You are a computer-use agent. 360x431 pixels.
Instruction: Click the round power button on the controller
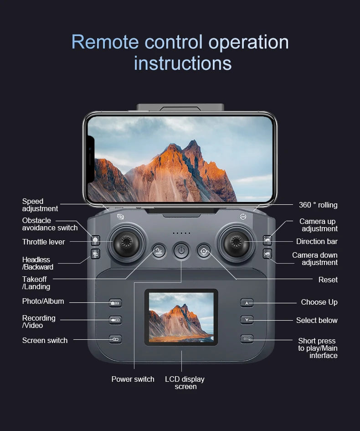click(181, 251)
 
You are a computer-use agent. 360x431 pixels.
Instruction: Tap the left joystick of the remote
click(126, 242)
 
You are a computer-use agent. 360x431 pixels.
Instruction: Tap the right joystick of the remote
click(236, 242)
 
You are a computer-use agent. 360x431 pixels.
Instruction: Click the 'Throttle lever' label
click(44, 242)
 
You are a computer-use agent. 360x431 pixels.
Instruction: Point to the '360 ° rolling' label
click(318, 205)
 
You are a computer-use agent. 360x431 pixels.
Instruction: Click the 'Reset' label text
click(328, 280)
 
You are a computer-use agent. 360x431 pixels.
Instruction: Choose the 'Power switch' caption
click(133, 379)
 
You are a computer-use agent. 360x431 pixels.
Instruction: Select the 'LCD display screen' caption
click(185, 383)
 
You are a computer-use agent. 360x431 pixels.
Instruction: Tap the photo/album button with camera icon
click(115, 303)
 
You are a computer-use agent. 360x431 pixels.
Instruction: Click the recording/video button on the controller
click(115, 320)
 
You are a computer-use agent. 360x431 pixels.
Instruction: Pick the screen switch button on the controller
click(115, 339)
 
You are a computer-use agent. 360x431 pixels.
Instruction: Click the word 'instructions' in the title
click(183, 63)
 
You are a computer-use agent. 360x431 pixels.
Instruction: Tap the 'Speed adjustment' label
click(40, 205)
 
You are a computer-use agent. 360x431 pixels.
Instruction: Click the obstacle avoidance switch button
click(95, 239)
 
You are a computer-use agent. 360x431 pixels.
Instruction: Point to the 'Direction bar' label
click(317, 241)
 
